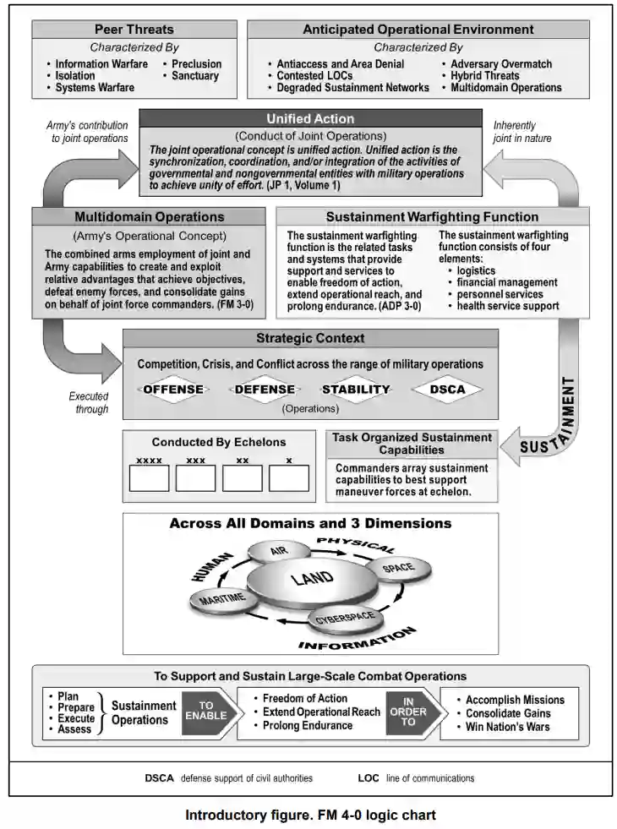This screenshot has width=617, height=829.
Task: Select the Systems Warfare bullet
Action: [x=95, y=87]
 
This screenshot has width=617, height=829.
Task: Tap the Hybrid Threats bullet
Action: [x=484, y=75]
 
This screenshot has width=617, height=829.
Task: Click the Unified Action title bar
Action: [x=310, y=119]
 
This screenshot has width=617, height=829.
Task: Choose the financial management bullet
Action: [x=506, y=282]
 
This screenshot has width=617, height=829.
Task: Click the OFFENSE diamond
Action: [x=173, y=390]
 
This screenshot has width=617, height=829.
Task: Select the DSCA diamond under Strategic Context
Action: [x=447, y=390]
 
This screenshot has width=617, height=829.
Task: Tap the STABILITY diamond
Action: [x=356, y=390]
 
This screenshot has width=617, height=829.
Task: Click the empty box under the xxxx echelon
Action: [x=150, y=478]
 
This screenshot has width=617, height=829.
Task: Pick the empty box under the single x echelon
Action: [x=289, y=478]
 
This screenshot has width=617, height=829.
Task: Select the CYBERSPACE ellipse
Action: [x=345, y=619]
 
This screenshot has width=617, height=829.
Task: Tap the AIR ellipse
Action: [x=279, y=551]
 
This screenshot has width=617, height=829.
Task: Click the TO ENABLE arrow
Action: [x=207, y=711]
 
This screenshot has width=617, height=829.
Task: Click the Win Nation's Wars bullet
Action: [x=507, y=727]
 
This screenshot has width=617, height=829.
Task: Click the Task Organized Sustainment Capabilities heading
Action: [x=412, y=444]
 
